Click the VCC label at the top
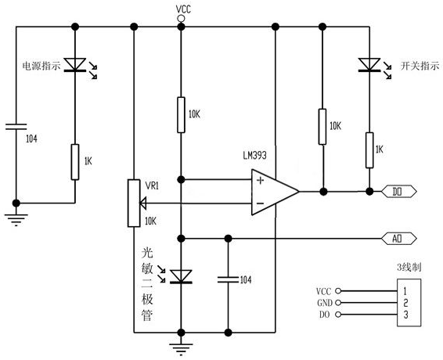[x=183, y=9]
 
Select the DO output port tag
[x=399, y=192]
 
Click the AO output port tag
[x=399, y=239]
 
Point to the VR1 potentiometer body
[x=134, y=203]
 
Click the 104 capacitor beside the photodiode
[x=229, y=279]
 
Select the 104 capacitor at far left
[x=16, y=127]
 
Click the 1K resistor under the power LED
[x=75, y=162]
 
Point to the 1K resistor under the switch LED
[x=369, y=150]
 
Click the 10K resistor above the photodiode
[x=181, y=115]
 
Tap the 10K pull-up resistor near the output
[x=322, y=127]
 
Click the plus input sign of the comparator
[x=260, y=180]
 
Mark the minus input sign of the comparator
[x=260, y=203]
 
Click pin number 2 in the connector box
[x=405, y=303]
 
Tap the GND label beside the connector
[x=325, y=303]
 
